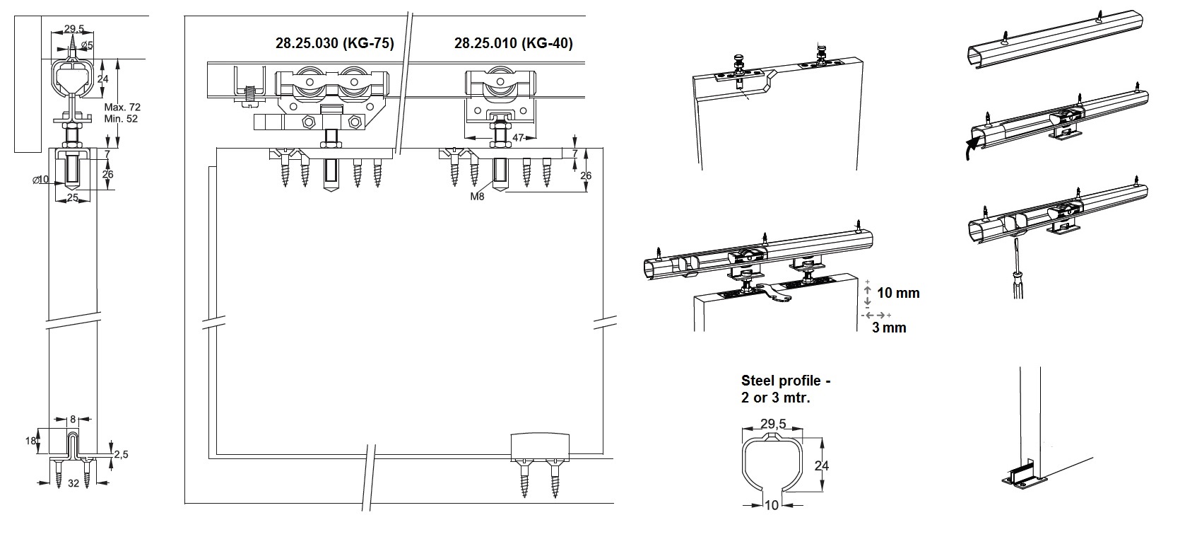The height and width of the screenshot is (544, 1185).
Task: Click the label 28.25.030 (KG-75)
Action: pyautogui.click(x=334, y=43)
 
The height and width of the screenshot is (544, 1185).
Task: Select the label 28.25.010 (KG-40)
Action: pyautogui.click(x=513, y=43)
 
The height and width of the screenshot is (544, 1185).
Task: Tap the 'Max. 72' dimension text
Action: pyautogui.click(x=122, y=107)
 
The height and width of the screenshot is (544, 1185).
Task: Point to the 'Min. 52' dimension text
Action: pyautogui.click(x=122, y=119)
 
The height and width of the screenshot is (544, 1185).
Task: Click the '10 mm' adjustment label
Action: pyautogui.click(x=898, y=293)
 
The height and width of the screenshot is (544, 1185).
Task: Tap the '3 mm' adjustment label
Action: pyautogui.click(x=889, y=328)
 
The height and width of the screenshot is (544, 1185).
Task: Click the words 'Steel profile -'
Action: pyautogui.click(x=786, y=381)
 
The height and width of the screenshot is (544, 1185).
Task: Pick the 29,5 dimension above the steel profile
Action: pyautogui.click(x=772, y=424)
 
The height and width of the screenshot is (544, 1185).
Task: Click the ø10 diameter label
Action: pyautogui.click(x=41, y=180)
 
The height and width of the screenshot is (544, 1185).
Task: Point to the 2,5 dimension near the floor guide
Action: pyautogui.click(x=121, y=454)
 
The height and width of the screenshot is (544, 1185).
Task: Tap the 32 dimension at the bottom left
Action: pyautogui.click(x=73, y=485)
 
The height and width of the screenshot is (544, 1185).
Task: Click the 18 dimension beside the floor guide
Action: pyautogui.click(x=31, y=441)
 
